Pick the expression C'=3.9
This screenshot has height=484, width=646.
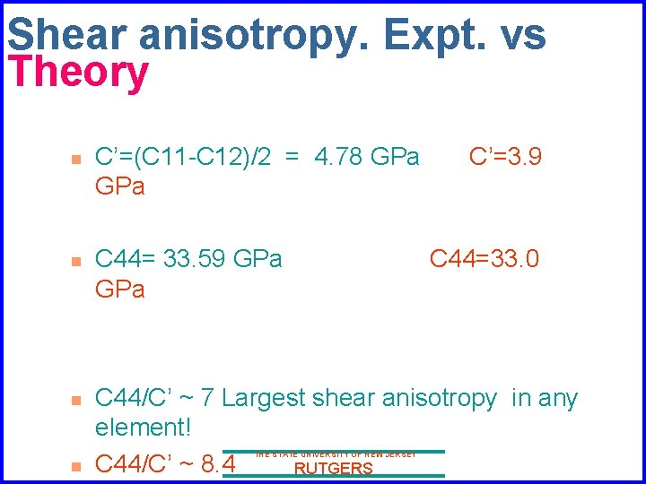[x=505, y=158]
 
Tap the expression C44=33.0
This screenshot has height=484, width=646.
[x=484, y=259]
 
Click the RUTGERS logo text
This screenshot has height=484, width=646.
[x=334, y=468]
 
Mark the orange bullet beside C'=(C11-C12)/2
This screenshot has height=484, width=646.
[x=76, y=160]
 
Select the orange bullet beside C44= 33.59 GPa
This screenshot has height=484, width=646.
[x=76, y=261]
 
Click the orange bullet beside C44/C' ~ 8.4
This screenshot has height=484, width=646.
[x=76, y=465]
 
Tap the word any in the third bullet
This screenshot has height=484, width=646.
[x=557, y=398]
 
